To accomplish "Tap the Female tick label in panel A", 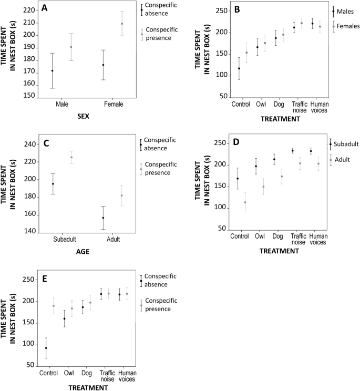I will tap(114, 104).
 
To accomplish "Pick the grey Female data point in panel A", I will tap(122, 24).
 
